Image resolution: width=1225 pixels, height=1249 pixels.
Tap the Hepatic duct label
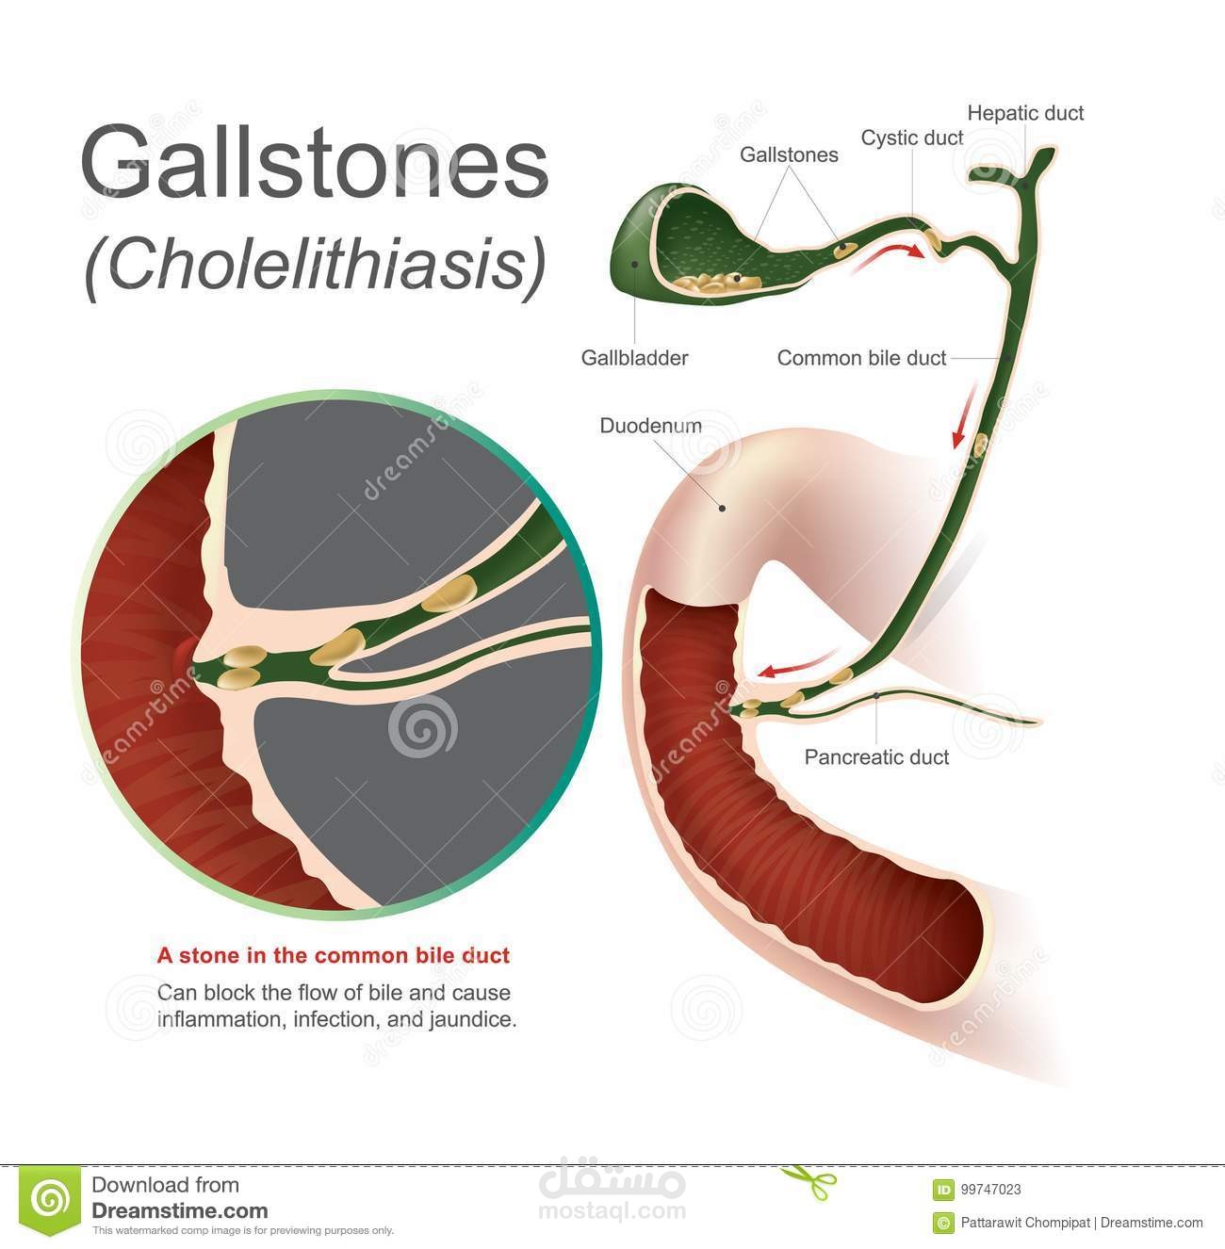pos(1025,113)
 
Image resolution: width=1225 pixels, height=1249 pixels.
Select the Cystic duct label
pos(911,138)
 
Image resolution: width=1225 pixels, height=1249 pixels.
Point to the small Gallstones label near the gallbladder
pos(789,154)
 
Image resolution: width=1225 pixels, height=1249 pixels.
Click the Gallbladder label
pos(634,358)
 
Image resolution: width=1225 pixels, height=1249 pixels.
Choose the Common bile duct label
pos(861,358)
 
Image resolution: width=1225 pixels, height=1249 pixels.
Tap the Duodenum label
pos(650,425)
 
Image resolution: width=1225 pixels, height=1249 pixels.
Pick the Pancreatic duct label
pos(876,757)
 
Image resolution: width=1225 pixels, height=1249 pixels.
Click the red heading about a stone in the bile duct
pos(333,956)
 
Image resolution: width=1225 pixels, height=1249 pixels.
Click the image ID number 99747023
pos(989,1190)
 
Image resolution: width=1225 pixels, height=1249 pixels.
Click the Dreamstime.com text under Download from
pos(179,1211)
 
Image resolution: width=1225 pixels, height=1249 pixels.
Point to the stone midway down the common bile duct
pos(980,445)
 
